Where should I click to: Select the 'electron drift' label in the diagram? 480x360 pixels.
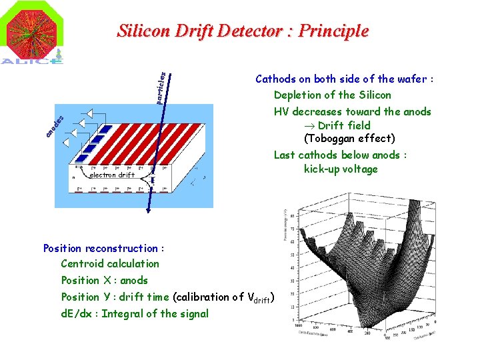click(x=111, y=175)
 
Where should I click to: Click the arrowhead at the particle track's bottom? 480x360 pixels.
click(x=147, y=211)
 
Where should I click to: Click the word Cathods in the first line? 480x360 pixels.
click(x=277, y=79)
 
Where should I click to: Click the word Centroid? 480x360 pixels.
click(x=83, y=263)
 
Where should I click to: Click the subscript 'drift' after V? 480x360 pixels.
click(x=262, y=301)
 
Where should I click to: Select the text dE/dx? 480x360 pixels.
click(x=79, y=314)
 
